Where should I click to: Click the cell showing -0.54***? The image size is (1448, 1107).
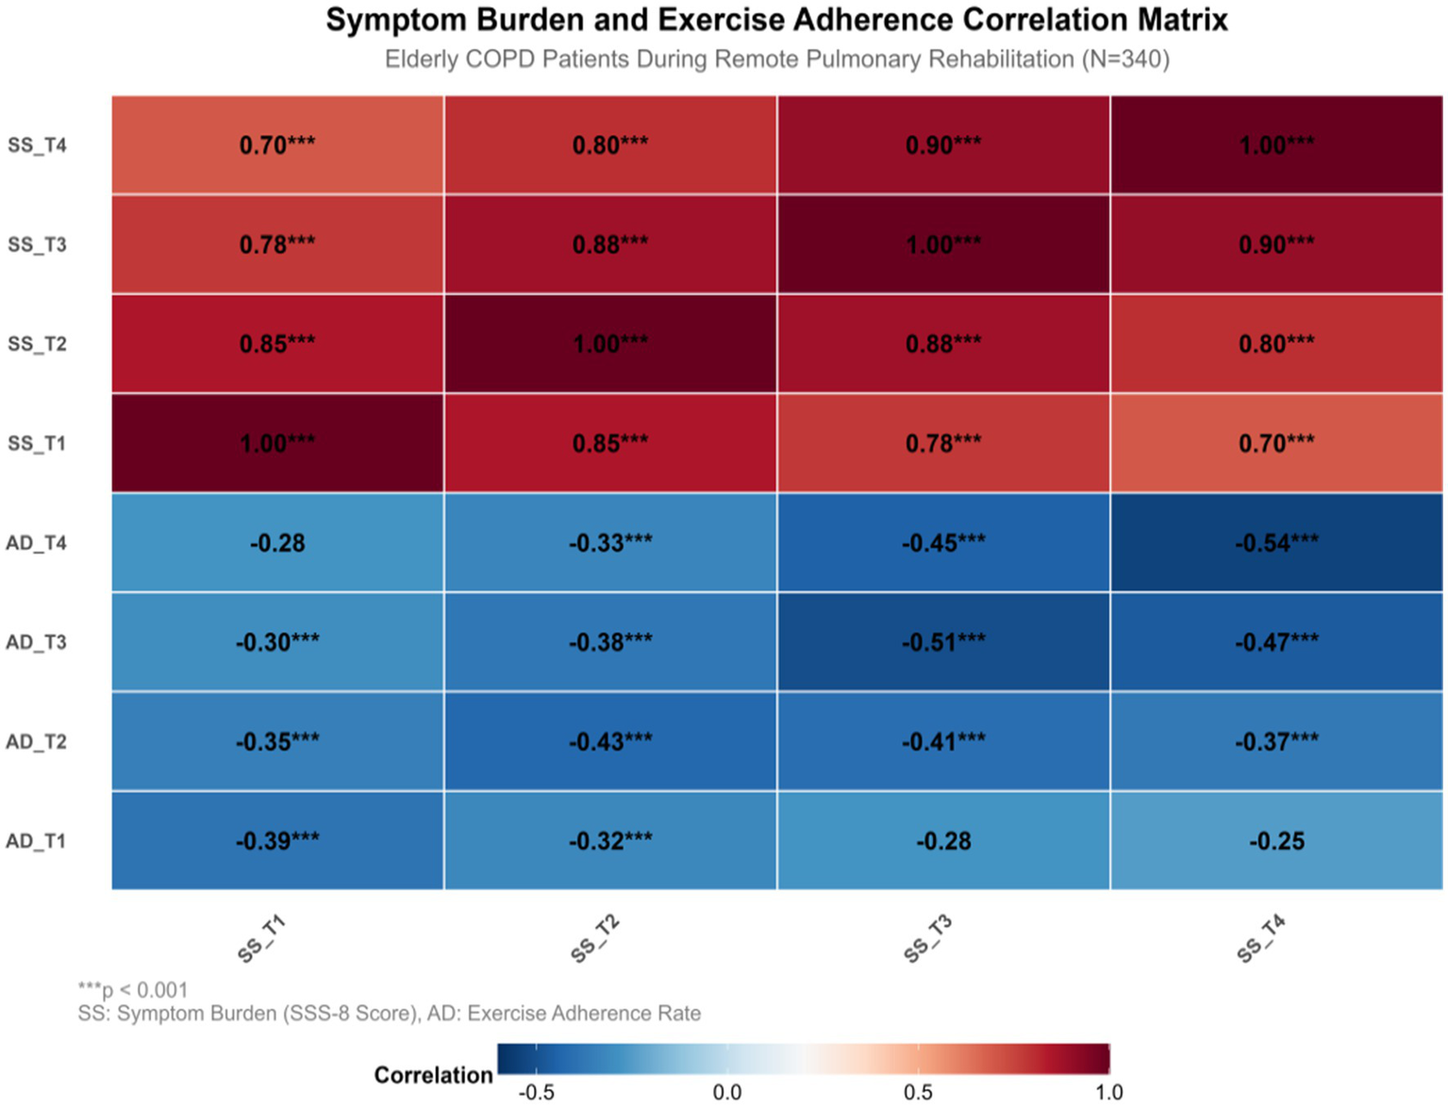coord(1276,543)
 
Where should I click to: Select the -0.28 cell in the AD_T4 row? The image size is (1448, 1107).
coord(277,543)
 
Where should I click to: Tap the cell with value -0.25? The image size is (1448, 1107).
coord(1276,841)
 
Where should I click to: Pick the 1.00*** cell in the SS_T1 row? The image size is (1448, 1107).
coord(277,443)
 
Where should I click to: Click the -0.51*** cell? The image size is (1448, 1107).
coord(943,642)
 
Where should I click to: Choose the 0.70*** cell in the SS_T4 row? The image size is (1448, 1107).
coord(277,145)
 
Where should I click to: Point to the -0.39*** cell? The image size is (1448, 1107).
coord(277,841)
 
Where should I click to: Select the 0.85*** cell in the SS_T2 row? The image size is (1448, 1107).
coord(277,344)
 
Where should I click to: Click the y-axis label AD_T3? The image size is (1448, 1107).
coord(37,642)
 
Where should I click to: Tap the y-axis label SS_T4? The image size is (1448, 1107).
coord(38,145)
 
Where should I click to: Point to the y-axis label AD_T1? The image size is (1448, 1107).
coord(37,841)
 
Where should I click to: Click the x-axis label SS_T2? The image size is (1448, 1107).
coord(595,939)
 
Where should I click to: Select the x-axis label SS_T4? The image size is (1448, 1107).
coord(1261,939)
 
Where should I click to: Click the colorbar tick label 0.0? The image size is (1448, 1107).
coord(727,1093)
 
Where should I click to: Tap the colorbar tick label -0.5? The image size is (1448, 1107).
coord(536,1093)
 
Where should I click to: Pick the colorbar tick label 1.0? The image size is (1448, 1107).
coord(1109,1093)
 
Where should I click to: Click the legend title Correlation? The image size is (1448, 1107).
coord(433,1075)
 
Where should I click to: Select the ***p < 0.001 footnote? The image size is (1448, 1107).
coord(133,990)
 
